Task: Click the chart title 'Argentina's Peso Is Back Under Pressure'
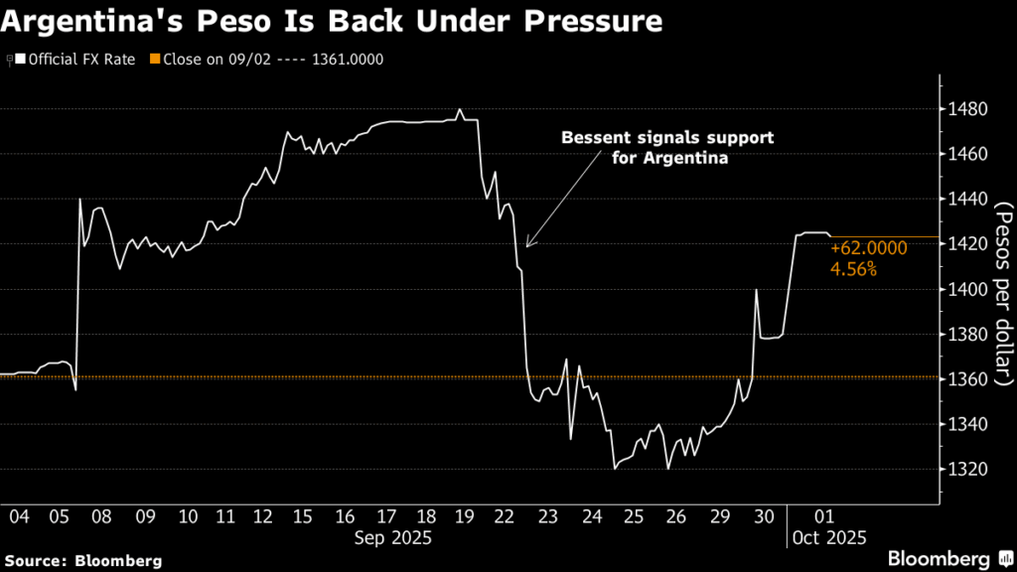(x=333, y=21)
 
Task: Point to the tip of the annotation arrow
(x=526, y=246)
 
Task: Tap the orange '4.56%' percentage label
(x=853, y=269)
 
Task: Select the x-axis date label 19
(x=465, y=517)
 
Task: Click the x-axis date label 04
(x=18, y=517)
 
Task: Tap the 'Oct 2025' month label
(x=829, y=537)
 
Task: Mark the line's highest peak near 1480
(x=460, y=109)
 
